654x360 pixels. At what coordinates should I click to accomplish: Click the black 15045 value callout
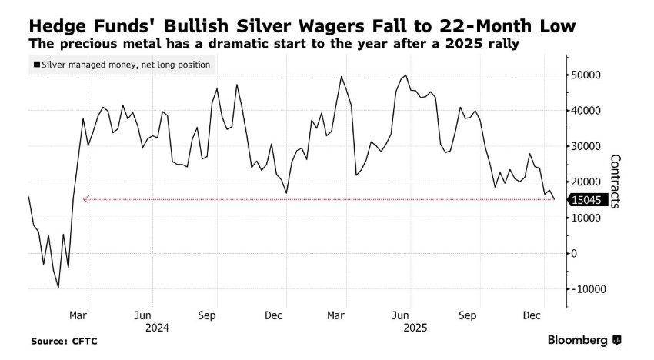(589, 200)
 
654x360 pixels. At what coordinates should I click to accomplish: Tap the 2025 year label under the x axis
(415, 327)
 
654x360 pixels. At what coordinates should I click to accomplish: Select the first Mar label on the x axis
(78, 315)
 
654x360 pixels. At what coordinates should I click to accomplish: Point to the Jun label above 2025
(401, 315)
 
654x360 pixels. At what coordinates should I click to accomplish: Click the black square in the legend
(37, 65)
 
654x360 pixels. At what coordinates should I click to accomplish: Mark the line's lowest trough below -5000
(58, 287)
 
